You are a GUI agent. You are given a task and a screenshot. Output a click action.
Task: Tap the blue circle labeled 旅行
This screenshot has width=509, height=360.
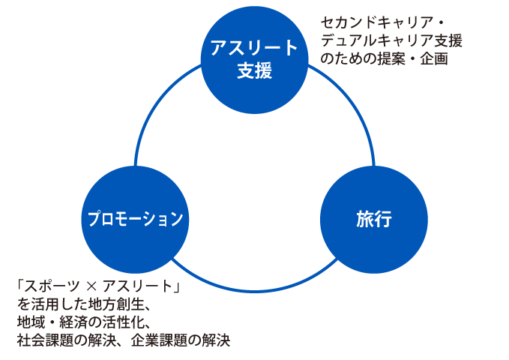click(374, 219)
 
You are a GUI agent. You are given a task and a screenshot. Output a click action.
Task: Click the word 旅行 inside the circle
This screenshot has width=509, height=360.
click(374, 220)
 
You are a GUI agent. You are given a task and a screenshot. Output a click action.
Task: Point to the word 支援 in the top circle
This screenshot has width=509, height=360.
click(254, 71)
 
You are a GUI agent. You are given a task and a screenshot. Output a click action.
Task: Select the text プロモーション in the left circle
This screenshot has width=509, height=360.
click(134, 219)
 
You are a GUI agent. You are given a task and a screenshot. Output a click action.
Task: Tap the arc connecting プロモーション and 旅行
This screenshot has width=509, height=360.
click(254, 289)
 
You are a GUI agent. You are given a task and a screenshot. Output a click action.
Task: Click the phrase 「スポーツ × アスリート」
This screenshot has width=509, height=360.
click(100, 287)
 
